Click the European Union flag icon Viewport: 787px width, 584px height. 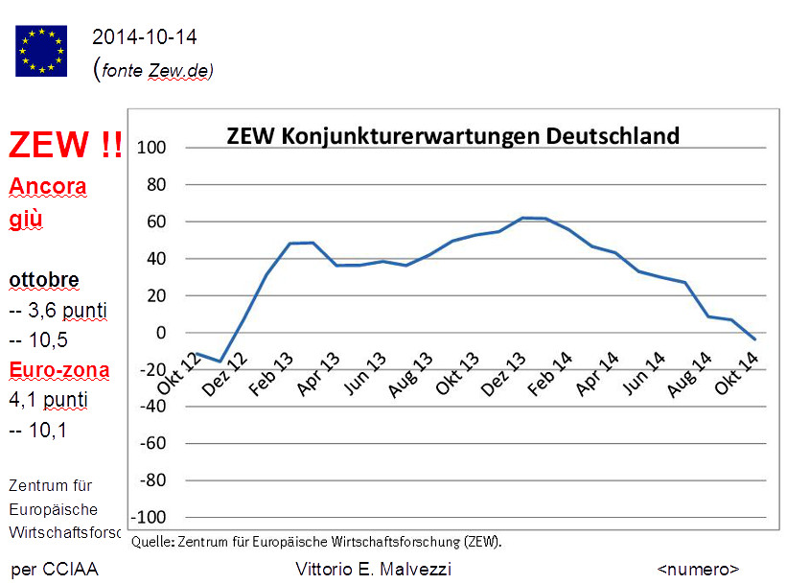point(41,50)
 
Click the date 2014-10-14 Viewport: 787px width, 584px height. point(145,37)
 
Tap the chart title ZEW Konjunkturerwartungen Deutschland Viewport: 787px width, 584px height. point(452,135)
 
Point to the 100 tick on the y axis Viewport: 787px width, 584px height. point(153,148)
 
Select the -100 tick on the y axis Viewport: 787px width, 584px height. point(150,517)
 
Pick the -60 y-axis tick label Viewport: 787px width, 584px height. point(154,444)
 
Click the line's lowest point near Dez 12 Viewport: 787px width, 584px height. point(221,362)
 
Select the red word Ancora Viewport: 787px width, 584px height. point(48,186)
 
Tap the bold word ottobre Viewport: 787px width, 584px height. point(44,281)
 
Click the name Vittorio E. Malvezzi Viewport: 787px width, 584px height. point(374,570)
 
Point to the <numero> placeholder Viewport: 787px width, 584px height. point(698,570)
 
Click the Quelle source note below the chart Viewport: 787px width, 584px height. point(316,541)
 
